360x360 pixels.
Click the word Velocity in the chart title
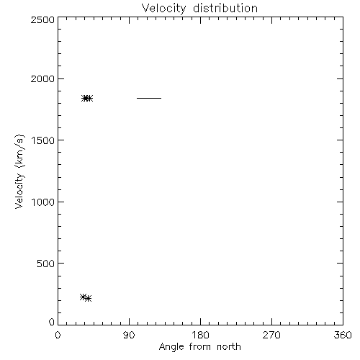164,9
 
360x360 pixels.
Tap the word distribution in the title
225,8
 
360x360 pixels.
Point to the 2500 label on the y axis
42,19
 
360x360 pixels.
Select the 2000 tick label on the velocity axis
42,78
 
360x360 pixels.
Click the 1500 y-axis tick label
43,140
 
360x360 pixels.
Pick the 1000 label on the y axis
43,202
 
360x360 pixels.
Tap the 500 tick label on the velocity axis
46,264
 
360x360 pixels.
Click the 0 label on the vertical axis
52,322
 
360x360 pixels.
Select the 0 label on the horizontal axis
58,335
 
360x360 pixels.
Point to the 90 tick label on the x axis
129,335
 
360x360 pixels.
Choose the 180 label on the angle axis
200,335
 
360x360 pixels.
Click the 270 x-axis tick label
271,335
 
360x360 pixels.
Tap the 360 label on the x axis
343,335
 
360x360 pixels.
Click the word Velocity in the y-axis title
19,191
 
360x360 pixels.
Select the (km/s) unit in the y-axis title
19,151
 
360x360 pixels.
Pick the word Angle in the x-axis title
171,347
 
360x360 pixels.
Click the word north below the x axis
229,346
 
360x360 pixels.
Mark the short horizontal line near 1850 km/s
149,98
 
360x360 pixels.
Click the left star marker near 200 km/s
83,297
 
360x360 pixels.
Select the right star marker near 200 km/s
88,298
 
